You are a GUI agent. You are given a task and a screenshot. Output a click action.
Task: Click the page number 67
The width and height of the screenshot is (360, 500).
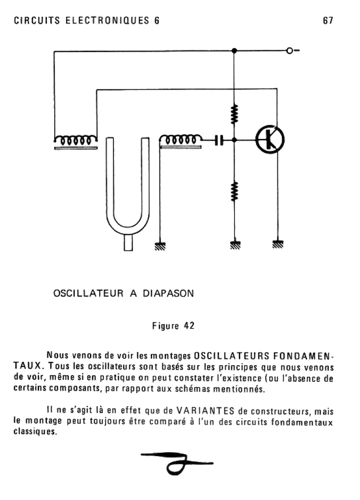(327, 21)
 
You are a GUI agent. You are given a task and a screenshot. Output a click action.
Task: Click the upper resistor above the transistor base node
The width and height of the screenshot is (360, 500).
(234, 114)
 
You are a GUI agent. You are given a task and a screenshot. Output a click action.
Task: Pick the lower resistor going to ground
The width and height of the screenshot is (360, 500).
(234, 191)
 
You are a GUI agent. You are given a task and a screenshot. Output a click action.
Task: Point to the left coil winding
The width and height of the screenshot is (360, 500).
(76, 140)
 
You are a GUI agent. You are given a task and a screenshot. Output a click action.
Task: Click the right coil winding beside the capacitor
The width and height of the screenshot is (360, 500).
(180, 140)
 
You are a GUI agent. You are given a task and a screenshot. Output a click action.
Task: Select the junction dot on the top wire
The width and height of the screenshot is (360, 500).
(234, 51)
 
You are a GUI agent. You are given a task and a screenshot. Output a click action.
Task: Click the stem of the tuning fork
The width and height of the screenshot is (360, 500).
(128, 242)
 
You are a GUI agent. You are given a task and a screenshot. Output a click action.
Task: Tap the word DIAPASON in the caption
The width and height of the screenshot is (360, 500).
(169, 293)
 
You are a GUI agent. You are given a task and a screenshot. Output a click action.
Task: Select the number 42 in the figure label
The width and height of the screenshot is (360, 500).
(189, 326)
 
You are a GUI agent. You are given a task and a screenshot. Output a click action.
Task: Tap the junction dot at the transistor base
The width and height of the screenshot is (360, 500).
(234, 140)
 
